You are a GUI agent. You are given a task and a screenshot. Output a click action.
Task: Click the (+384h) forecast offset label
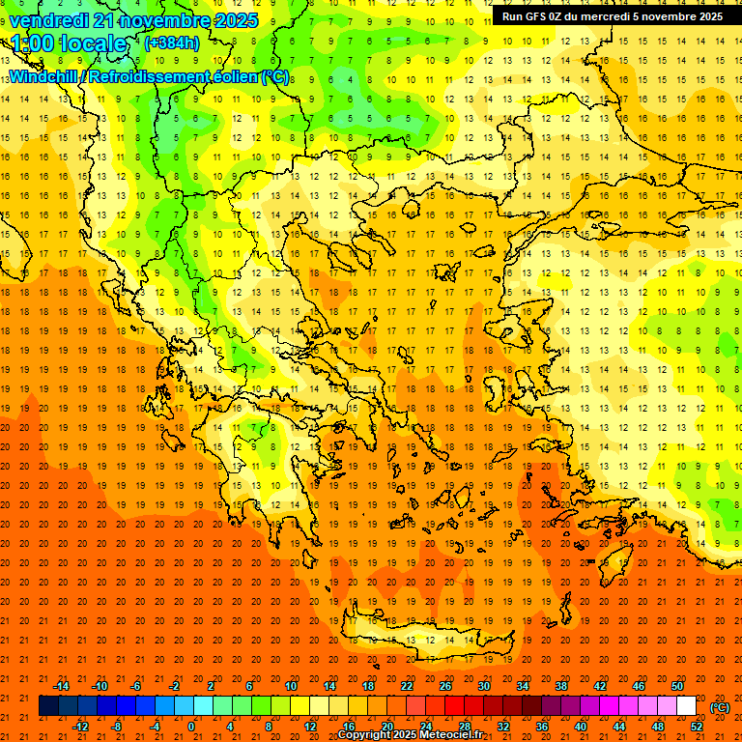pos(172,43)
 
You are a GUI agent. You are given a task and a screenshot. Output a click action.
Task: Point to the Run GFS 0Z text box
pos(613,16)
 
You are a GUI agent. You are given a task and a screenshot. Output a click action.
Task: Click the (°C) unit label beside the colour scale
pos(720,707)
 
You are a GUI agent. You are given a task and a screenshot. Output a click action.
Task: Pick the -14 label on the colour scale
pos(61,686)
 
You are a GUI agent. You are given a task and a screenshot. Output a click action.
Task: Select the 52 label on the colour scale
pos(697,727)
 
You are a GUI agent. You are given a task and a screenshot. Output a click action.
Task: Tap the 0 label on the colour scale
pos(192,727)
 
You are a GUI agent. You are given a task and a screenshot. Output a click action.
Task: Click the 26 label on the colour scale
pos(445,686)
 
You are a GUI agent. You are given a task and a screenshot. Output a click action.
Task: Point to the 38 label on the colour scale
pos(561,686)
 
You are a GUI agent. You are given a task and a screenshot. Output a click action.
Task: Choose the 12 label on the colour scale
pos(310,727)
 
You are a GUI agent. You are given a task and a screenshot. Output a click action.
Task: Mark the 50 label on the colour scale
pos(677,686)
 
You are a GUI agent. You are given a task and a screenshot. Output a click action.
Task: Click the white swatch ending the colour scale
pos(687,706)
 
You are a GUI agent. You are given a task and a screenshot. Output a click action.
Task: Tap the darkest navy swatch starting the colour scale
pos(48,706)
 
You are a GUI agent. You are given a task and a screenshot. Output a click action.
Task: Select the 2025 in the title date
pos(236,20)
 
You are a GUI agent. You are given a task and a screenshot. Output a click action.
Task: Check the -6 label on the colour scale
pos(136,686)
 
